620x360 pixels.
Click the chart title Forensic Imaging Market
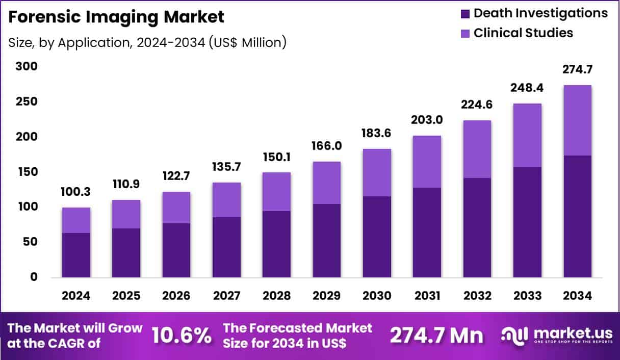(x=116, y=17)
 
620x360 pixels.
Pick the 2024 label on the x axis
(x=76, y=296)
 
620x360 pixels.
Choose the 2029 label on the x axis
(x=327, y=296)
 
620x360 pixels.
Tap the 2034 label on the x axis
(x=578, y=296)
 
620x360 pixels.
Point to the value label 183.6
(x=377, y=133)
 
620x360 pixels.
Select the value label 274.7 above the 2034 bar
(x=578, y=69)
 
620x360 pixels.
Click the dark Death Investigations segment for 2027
(x=226, y=247)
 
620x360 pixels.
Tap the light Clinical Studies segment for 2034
(x=578, y=120)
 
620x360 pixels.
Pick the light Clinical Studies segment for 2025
(x=126, y=214)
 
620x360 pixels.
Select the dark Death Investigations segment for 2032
(x=477, y=228)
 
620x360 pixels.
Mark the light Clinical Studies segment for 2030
(x=377, y=172)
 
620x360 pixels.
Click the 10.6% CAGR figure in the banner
(x=182, y=336)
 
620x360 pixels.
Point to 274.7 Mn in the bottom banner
(x=436, y=336)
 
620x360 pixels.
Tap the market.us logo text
(x=573, y=333)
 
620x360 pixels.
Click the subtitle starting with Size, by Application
(x=147, y=42)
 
